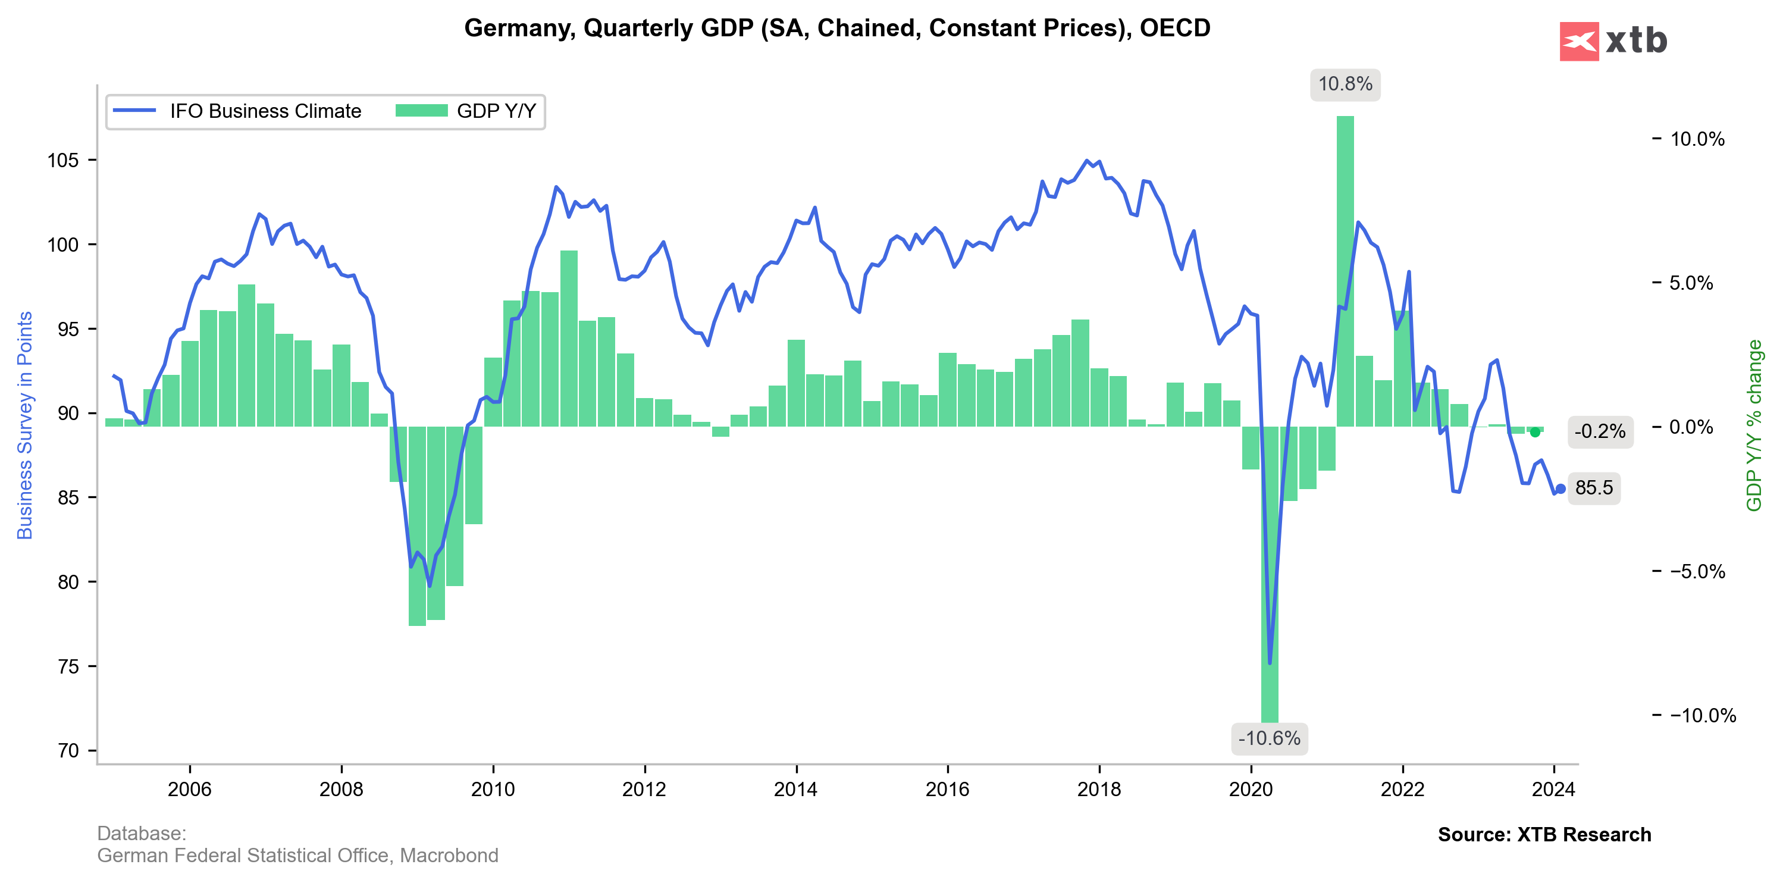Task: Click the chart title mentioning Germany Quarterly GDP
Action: click(x=837, y=29)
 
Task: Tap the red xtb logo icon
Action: click(x=1579, y=42)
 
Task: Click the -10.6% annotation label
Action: click(x=1269, y=738)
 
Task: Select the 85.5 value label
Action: click(x=1593, y=488)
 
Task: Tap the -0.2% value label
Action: click(x=1599, y=432)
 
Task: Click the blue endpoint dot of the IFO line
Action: click(x=1560, y=489)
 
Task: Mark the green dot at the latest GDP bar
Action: click(x=1535, y=433)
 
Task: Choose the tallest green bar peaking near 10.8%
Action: click(x=1345, y=270)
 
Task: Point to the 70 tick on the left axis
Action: click(x=68, y=751)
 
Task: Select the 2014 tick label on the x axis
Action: click(x=795, y=790)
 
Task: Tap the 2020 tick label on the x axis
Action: click(x=1251, y=790)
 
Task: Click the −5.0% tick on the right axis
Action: click(x=1697, y=572)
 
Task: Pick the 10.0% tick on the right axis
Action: click(x=1697, y=139)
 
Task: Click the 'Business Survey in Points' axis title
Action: click(x=25, y=425)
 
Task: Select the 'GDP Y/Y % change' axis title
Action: click(x=1754, y=425)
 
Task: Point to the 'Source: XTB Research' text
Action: click(x=1544, y=835)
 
